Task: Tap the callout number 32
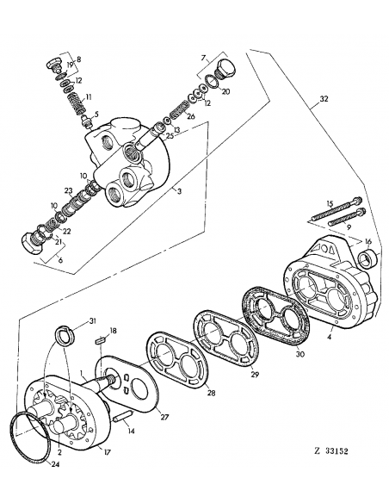pos(325,100)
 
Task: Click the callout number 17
pos(108,451)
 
